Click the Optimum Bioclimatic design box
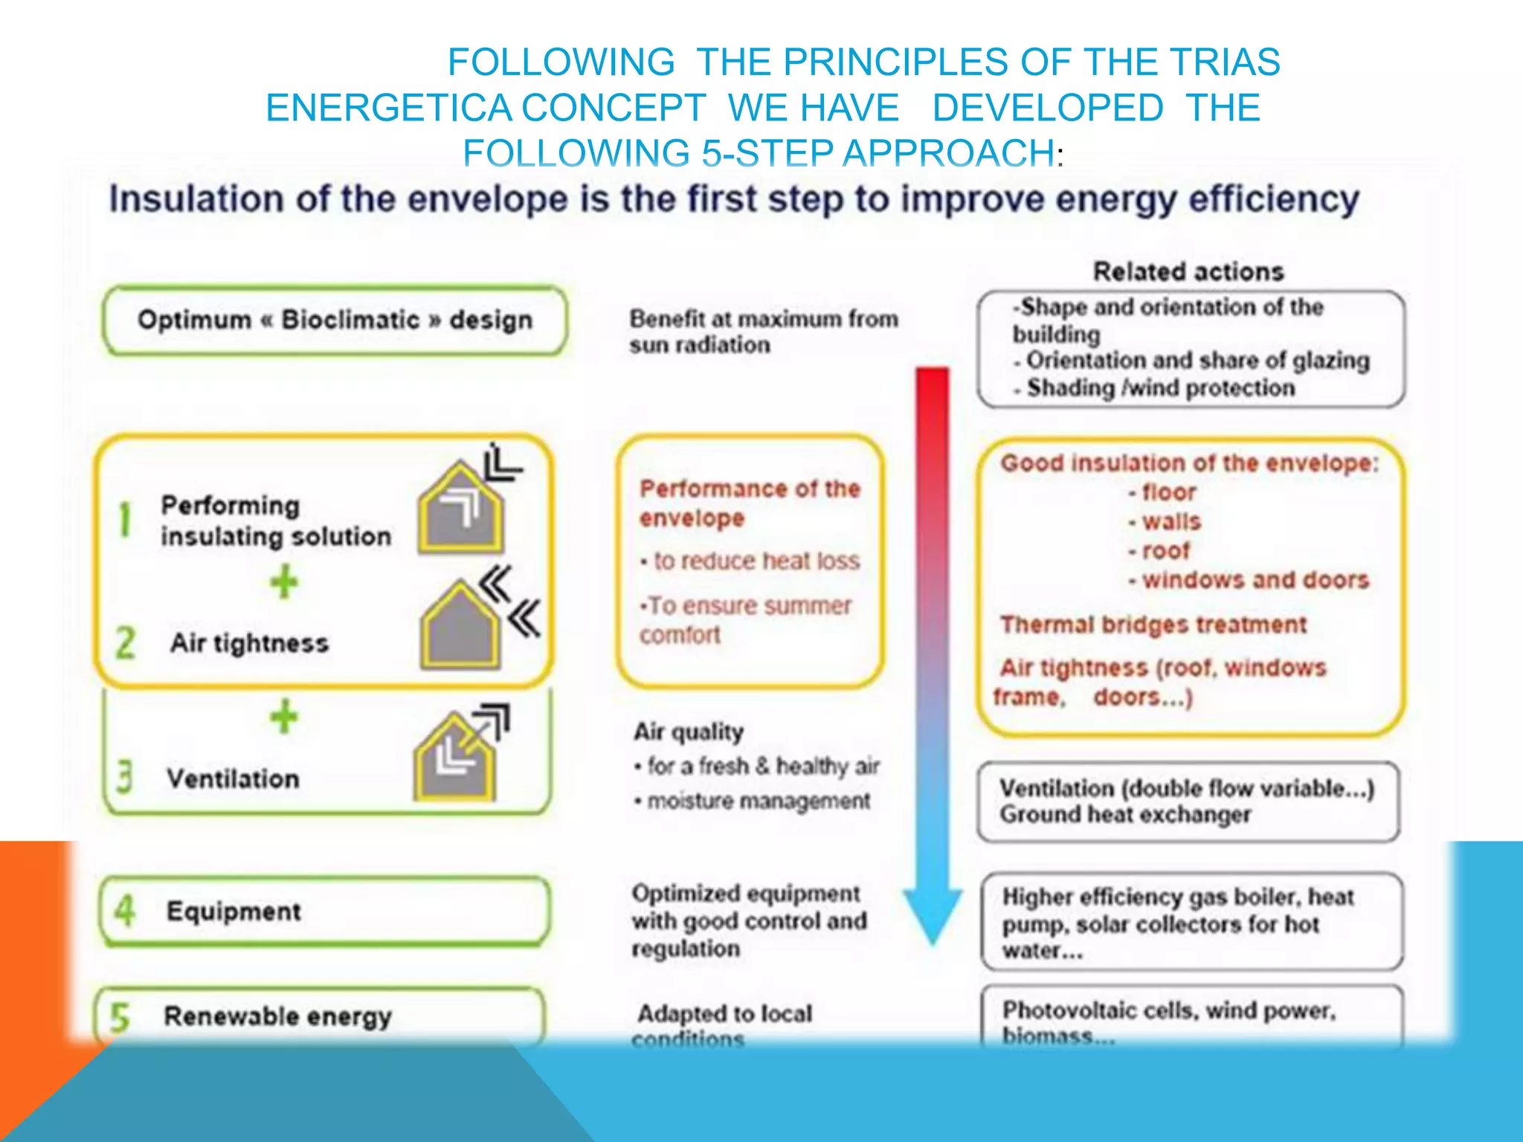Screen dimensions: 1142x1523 [335, 320]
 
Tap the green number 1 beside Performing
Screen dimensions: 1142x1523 [125, 520]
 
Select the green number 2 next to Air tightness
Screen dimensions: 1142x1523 [125, 643]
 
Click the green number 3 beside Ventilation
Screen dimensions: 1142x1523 [124, 778]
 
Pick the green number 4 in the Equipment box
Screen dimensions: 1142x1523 [125, 911]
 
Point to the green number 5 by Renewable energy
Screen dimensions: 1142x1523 [119, 1017]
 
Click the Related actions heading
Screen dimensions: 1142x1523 [1188, 271]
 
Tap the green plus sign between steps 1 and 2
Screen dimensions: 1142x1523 [284, 582]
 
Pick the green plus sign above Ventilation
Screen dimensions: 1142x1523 [284, 717]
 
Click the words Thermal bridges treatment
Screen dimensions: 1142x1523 [1153, 625]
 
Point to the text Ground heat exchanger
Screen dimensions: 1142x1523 [1125, 815]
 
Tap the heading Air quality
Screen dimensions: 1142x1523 [689, 732]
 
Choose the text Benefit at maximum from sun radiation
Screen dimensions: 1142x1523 [763, 332]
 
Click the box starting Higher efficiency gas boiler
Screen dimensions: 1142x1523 [1191, 923]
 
